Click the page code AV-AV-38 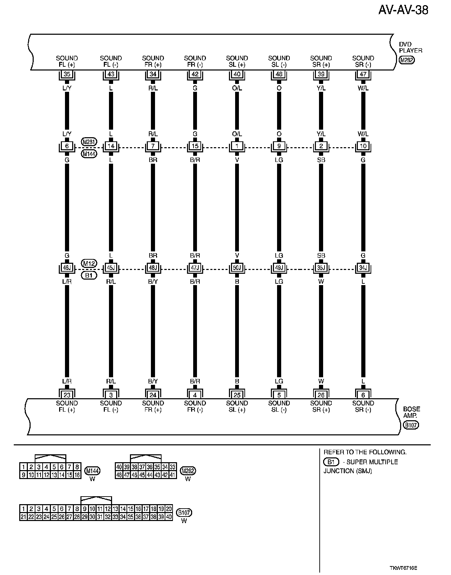click(403, 10)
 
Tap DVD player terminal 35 click(67, 74)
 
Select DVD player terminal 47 click(363, 74)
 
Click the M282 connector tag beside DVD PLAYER click(407, 60)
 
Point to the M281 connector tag click(89, 141)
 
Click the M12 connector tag click(89, 263)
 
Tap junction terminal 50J click(237, 268)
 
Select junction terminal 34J click(363, 268)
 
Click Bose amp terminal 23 click(67, 395)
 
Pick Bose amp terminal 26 click(321, 395)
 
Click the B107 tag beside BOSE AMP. click(411, 425)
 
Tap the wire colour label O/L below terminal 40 click(237, 88)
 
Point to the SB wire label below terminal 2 click(321, 160)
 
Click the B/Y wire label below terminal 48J click(153, 282)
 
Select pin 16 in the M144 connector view click(77, 475)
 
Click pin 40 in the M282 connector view click(119, 467)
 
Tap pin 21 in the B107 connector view click(23, 517)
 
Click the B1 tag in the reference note click(331, 462)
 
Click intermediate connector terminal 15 click(195, 146)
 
